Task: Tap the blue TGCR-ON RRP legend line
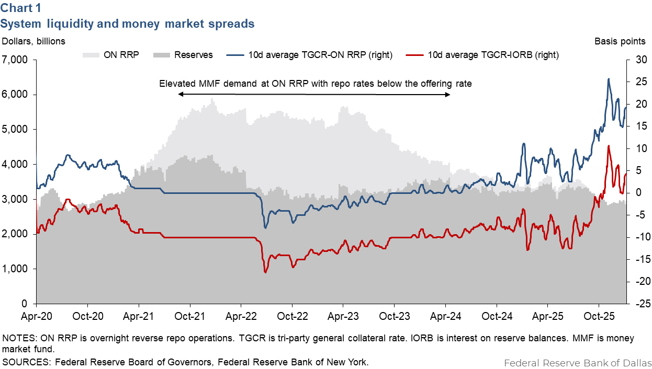(x=236, y=54)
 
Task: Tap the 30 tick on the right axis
(x=641, y=60)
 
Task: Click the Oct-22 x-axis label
(x=291, y=316)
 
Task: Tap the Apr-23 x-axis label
(x=342, y=316)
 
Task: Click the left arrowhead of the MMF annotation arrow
(x=180, y=94)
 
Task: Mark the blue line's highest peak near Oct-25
(x=609, y=79)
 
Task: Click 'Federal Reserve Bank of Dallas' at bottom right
(x=578, y=363)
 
